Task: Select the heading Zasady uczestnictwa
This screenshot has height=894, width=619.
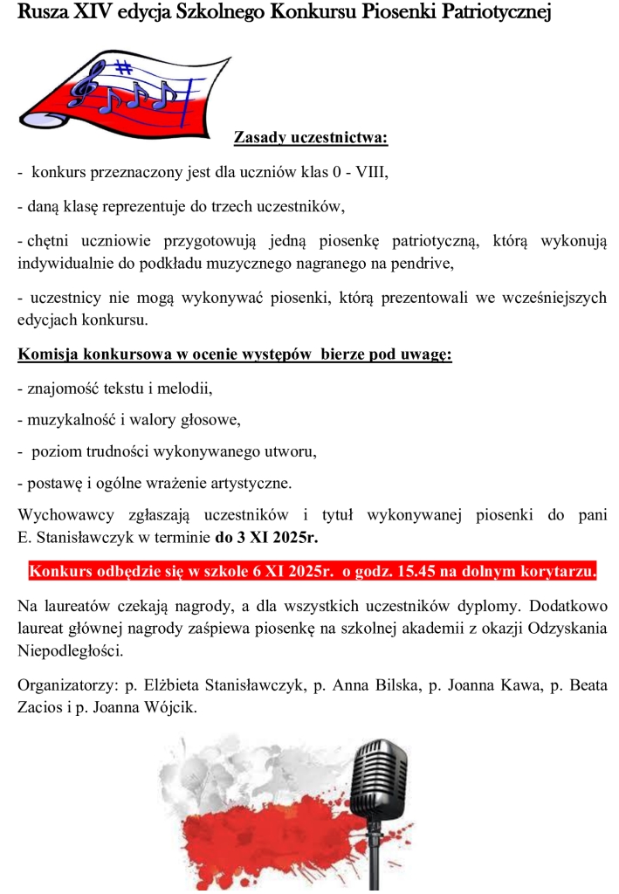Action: [x=310, y=138]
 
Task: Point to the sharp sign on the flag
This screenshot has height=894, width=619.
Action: [x=125, y=67]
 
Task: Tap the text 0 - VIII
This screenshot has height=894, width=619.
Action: [x=359, y=173]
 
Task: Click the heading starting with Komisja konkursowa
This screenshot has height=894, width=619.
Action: [x=234, y=355]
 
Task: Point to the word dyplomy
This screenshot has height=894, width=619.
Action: [x=488, y=606]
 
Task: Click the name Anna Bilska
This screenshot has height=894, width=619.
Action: [x=357, y=685]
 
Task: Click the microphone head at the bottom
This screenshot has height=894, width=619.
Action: [x=378, y=773]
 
